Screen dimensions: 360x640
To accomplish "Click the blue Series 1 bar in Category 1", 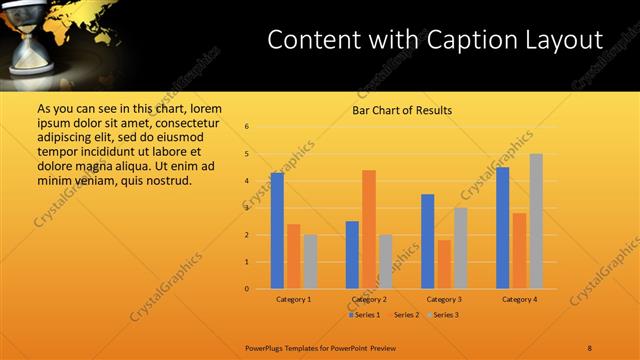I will (x=277, y=231).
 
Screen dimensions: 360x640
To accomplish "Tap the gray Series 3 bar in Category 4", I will (x=536, y=221).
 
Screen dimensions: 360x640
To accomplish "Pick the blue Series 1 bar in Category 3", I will (x=428, y=241).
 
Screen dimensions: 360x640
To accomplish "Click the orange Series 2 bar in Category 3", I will (x=444, y=264).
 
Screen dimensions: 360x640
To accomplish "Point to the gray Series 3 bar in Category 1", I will (x=310, y=262).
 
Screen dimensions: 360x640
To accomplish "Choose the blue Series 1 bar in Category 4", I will (x=503, y=228).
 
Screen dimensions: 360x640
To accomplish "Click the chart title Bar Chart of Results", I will (x=402, y=110).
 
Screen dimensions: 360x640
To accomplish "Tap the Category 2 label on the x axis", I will (x=369, y=299).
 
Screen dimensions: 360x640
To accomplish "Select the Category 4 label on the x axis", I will (x=519, y=299).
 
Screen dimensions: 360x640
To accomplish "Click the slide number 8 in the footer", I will (x=590, y=347).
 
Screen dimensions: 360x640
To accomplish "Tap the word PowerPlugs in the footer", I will (x=267, y=347).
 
